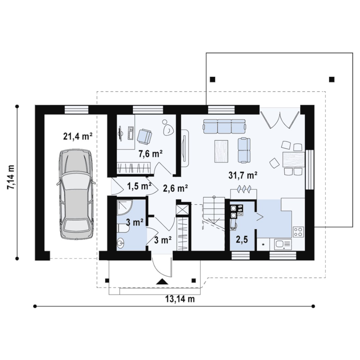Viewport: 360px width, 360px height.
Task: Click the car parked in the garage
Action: click(76, 194)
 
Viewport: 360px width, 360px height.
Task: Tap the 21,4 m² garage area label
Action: click(78, 137)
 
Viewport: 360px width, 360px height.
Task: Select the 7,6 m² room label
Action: click(151, 154)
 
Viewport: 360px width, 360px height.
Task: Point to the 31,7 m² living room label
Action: click(243, 175)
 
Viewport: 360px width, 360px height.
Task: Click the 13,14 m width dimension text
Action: click(180, 299)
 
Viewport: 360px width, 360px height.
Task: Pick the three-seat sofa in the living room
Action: click(225, 126)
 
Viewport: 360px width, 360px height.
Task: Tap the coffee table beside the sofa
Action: click(221, 151)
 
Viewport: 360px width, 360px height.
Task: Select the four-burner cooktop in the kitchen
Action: click(298, 232)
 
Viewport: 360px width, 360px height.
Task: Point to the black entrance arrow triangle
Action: click(162, 281)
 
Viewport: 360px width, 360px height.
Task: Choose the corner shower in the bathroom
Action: click(124, 207)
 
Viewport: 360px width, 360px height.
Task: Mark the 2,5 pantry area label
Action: click(242, 240)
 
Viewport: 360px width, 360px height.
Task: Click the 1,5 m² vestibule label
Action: click(139, 186)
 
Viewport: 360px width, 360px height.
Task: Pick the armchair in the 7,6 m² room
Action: click(144, 137)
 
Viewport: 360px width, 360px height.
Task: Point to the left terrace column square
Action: click(213, 79)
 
